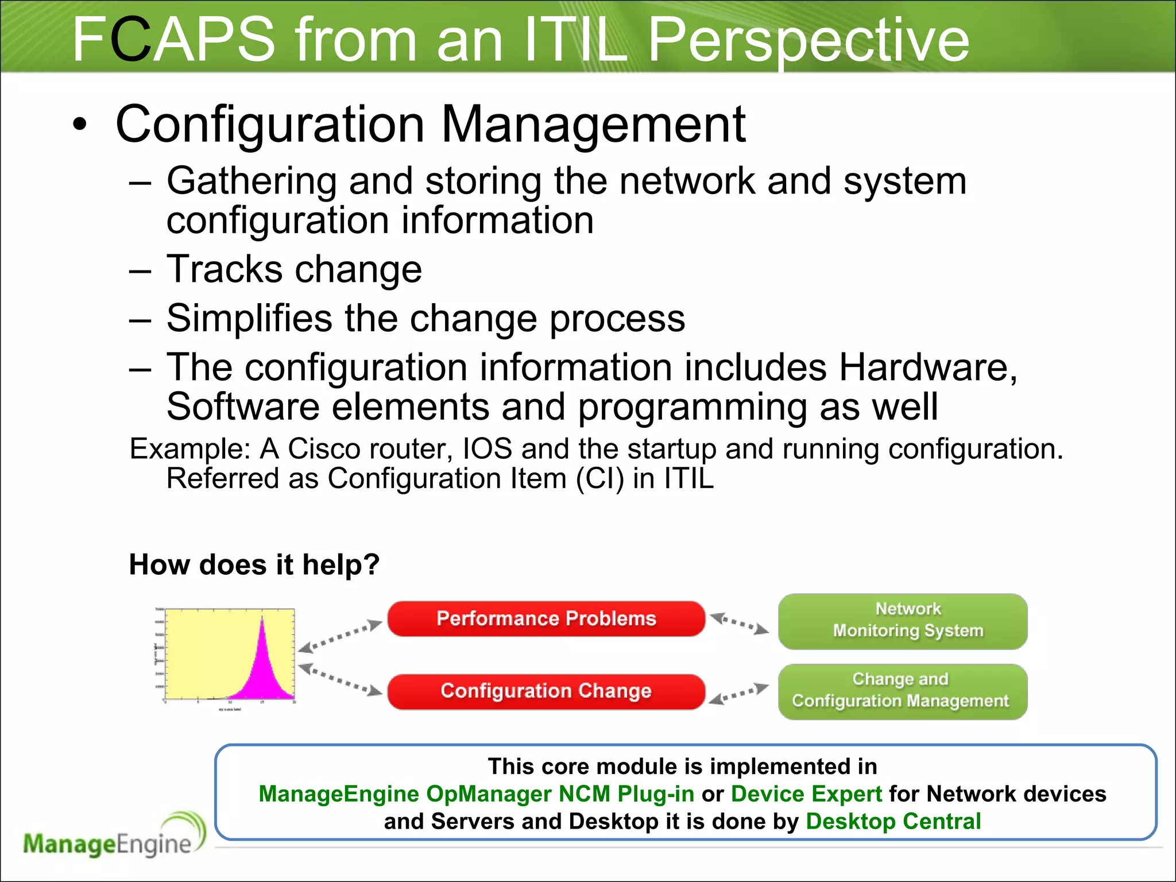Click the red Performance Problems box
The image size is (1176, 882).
[x=546, y=618]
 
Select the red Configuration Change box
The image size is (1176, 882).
[x=546, y=691]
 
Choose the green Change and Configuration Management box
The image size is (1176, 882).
[x=903, y=691]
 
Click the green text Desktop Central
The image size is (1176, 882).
[x=893, y=821]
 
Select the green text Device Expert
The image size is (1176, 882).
[x=806, y=794]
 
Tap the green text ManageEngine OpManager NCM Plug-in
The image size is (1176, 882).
[x=476, y=794]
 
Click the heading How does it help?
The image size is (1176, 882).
[x=254, y=564]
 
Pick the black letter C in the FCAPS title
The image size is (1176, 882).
[x=131, y=40]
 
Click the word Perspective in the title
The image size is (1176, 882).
[x=808, y=40]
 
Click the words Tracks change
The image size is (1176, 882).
[x=294, y=269]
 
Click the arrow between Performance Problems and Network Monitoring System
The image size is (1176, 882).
[x=740, y=624]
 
